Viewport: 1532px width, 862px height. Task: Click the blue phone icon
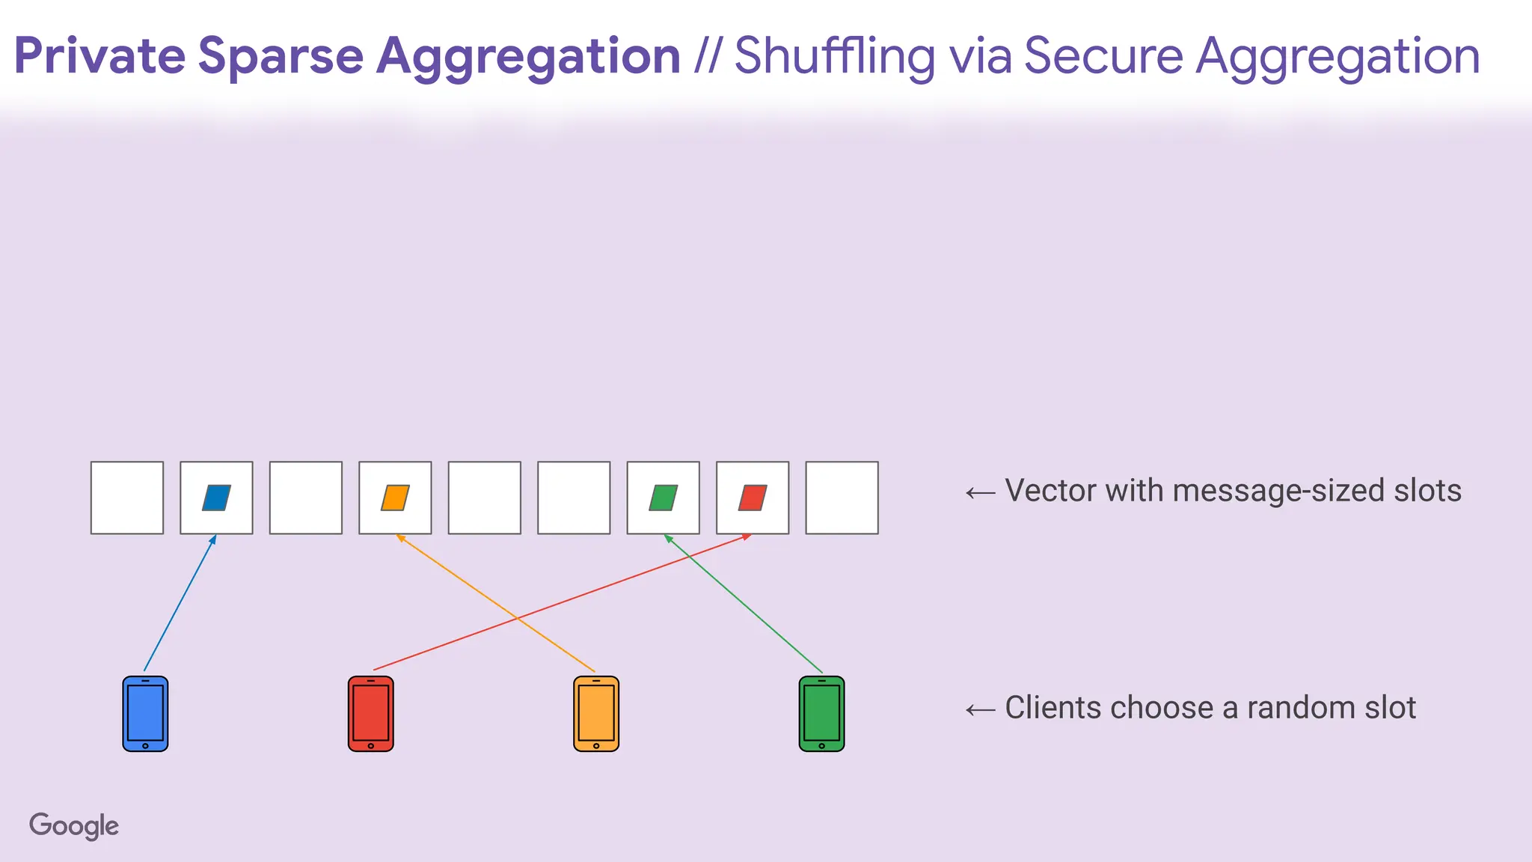pos(145,713)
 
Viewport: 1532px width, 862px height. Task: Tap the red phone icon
pos(370,713)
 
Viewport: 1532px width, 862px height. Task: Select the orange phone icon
pos(595,713)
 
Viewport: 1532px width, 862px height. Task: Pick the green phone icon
pos(821,713)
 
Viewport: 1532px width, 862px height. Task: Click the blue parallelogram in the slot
pos(216,498)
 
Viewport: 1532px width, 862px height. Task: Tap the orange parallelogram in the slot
pos(395,498)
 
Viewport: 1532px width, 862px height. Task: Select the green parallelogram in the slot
pos(664,498)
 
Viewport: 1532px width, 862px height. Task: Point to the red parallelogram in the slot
pos(753,498)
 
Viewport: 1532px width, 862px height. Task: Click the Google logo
pos(74,825)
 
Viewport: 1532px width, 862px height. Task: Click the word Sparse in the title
pos(281,56)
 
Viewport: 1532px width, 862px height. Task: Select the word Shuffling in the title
pos(835,56)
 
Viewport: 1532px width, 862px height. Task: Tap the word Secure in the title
pos(1103,56)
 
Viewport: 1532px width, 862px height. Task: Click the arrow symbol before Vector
pos(980,492)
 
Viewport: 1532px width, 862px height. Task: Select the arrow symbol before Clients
pos(980,709)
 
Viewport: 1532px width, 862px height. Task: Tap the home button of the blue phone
pos(145,745)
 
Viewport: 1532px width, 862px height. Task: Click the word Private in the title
pos(99,56)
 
